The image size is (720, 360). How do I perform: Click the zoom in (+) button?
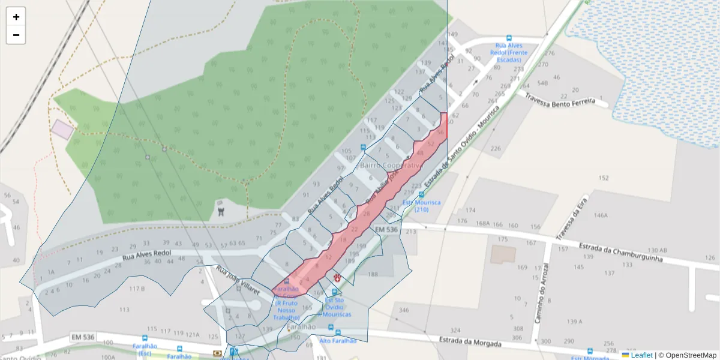16,17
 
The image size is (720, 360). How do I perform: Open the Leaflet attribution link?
641,355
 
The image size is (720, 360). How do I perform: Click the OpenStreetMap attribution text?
687,355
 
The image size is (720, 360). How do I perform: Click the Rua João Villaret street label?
238,280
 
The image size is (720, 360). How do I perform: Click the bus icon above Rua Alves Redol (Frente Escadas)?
509,38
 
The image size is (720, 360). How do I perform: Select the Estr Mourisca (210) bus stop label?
421,206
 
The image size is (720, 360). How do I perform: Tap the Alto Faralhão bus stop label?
338,340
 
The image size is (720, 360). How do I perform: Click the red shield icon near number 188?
337,278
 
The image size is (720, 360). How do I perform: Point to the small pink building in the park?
62,129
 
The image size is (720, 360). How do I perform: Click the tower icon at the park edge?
221,211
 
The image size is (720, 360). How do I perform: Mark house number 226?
495,148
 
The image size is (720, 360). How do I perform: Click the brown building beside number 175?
502,254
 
